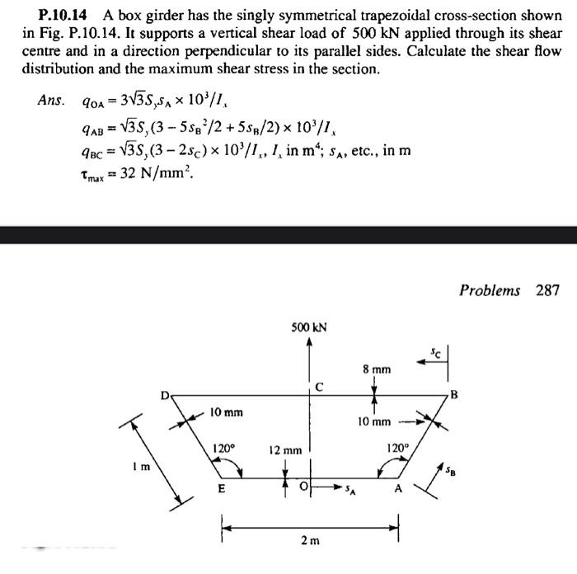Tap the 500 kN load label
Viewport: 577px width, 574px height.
[x=308, y=327]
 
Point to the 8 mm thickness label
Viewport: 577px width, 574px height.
[x=375, y=370]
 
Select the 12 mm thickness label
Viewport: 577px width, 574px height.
[x=285, y=450]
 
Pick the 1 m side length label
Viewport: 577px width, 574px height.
[x=143, y=468]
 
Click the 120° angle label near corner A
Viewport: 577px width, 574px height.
[x=398, y=449]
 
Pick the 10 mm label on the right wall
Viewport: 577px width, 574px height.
[x=373, y=421]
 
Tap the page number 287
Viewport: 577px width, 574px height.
[x=547, y=289]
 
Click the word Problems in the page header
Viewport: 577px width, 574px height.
[x=490, y=289]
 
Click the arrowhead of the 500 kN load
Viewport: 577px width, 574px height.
[x=308, y=341]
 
